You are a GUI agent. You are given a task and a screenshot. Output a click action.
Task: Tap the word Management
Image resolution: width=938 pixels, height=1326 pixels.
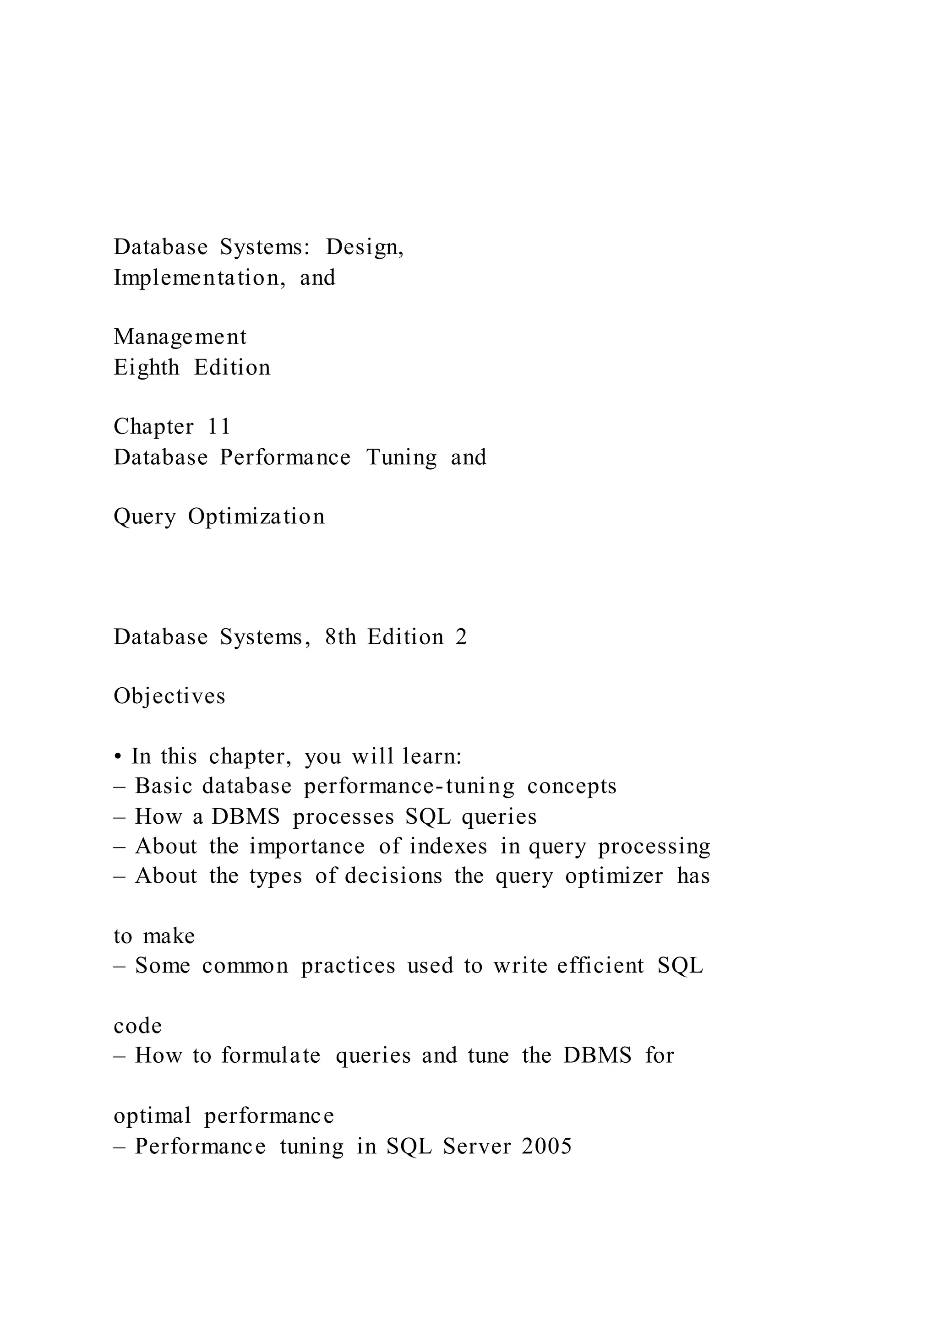180,337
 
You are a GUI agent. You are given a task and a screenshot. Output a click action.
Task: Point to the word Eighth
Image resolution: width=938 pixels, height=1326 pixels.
146,368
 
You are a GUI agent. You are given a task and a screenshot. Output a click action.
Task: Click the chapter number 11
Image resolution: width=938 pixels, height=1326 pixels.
219,427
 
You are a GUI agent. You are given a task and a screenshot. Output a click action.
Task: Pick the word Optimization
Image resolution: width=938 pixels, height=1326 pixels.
256,516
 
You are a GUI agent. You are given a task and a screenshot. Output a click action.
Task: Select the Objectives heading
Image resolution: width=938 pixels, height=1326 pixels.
169,696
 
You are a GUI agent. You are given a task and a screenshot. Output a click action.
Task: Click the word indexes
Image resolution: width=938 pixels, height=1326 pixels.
448,846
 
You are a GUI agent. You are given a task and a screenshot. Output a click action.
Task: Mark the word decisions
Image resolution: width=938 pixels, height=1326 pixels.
393,876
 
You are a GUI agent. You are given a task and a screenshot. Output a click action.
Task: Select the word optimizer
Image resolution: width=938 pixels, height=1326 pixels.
614,876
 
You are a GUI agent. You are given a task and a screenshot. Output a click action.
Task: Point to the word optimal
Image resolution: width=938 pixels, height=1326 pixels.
153,1116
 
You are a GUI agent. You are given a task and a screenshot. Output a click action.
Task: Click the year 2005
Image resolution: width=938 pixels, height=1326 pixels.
546,1146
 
